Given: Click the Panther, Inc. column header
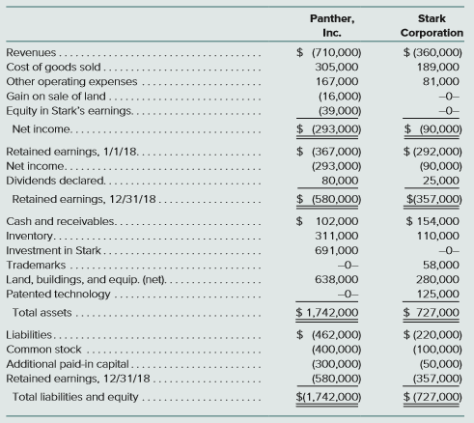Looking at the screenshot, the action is (x=332, y=26).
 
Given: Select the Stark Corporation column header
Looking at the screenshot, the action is (x=432, y=26).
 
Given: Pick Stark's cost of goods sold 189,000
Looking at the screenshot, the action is (x=438, y=67).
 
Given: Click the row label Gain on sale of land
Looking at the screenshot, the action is (x=56, y=96).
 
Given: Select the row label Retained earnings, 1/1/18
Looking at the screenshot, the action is (x=72, y=152).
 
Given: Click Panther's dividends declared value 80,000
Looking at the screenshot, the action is (x=340, y=181).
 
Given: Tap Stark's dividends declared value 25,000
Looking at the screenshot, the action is (x=441, y=181).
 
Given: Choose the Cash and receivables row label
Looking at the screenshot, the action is (x=61, y=221).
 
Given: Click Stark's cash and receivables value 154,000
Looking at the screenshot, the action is (x=432, y=221).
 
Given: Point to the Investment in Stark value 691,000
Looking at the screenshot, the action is (x=337, y=250).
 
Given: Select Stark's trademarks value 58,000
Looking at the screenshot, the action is (x=441, y=265).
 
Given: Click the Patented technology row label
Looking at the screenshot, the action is (x=58, y=295).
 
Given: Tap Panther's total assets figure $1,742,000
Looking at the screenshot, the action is (x=327, y=313).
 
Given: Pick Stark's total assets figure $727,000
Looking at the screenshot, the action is (x=432, y=313).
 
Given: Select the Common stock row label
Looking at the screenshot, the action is (x=43, y=350).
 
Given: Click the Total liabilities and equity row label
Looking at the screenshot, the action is (x=75, y=397).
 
